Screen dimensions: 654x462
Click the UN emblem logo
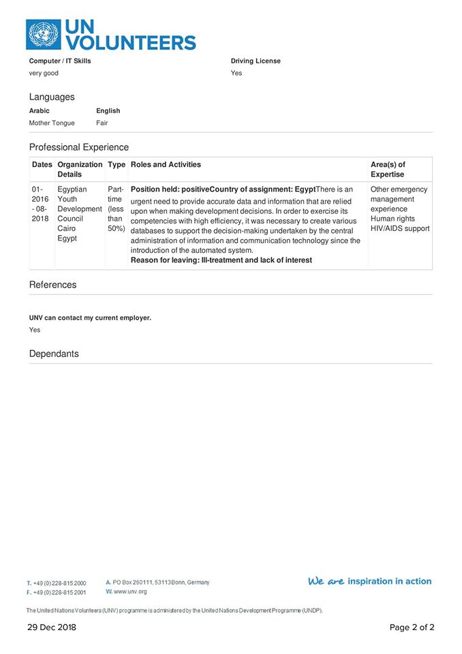click(x=43, y=34)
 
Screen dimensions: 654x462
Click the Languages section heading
click(x=52, y=97)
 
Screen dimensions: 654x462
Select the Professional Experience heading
click(x=78, y=147)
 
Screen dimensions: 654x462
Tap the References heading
click(x=52, y=285)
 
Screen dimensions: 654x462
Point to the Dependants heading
click(x=54, y=354)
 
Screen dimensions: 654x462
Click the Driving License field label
click(x=256, y=61)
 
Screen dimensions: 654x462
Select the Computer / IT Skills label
click(x=59, y=61)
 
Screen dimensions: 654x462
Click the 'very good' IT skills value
click(x=43, y=73)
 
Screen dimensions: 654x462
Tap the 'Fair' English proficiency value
click(x=102, y=123)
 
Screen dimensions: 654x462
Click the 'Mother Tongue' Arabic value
click(x=52, y=123)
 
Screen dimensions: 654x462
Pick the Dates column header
click(x=42, y=165)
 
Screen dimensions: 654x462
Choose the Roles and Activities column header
click(x=166, y=165)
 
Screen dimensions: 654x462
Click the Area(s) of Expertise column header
click(x=388, y=170)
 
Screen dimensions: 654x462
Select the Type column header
click(x=117, y=165)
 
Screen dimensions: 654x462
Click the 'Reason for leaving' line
click(x=221, y=260)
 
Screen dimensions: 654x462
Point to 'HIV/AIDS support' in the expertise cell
click(x=400, y=228)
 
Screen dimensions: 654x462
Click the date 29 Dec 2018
click(x=52, y=627)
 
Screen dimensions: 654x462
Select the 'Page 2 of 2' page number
click(x=412, y=627)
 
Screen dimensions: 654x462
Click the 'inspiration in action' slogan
click(x=389, y=581)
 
